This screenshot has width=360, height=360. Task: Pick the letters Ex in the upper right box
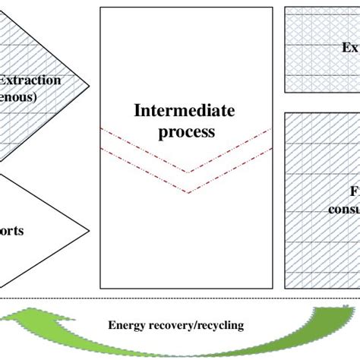[349, 47]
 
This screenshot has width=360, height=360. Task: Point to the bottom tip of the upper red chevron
[188, 172]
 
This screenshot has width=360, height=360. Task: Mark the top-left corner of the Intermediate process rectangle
[100, 8]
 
